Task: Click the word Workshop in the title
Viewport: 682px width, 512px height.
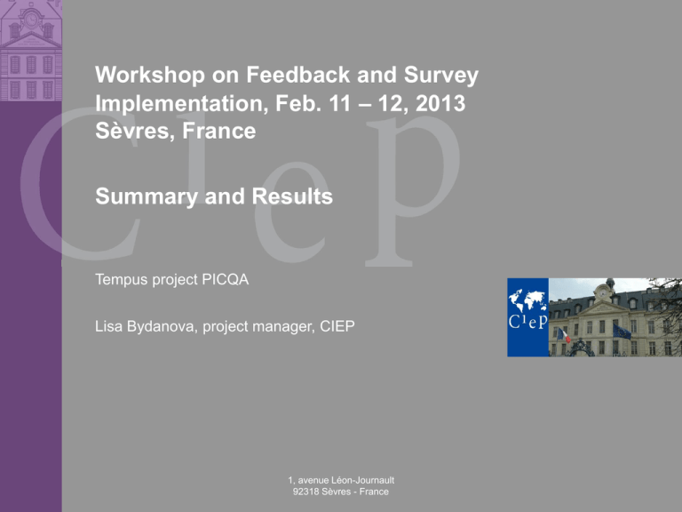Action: pyautogui.click(x=149, y=75)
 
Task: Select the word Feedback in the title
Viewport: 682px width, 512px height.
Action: pyautogui.click(x=298, y=75)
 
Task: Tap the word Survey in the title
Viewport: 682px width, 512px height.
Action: pyautogui.click(x=441, y=76)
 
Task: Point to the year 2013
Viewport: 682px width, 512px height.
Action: pyautogui.click(x=440, y=104)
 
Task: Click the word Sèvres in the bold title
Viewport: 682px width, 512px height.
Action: pyautogui.click(x=135, y=131)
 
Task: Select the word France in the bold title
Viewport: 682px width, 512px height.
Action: pyautogui.click(x=218, y=131)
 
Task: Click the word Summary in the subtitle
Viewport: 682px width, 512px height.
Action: pyautogui.click(x=147, y=196)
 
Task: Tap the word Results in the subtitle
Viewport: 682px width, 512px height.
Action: pyautogui.click(x=292, y=196)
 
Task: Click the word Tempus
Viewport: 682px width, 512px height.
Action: pyautogui.click(x=122, y=280)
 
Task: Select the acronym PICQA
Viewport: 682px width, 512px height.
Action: pyautogui.click(x=226, y=279)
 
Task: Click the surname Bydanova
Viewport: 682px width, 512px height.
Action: pyautogui.click(x=161, y=326)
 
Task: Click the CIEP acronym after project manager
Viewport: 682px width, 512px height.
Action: pyautogui.click(x=337, y=326)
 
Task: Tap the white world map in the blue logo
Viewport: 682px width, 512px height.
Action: pyautogui.click(x=527, y=300)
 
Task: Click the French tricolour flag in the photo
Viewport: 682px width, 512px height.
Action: pyautogui.click(x=564, y=335)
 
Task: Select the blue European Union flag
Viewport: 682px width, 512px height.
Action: pyautogui.click(x=622, y=332)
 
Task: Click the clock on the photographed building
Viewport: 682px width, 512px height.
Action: pyautogui.click(x=603, y=292)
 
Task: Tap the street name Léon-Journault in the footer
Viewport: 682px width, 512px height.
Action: pyautogui.click(x=362, y=480)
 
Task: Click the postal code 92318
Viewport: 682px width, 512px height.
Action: pyautogui.click(x=304, y=492)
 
